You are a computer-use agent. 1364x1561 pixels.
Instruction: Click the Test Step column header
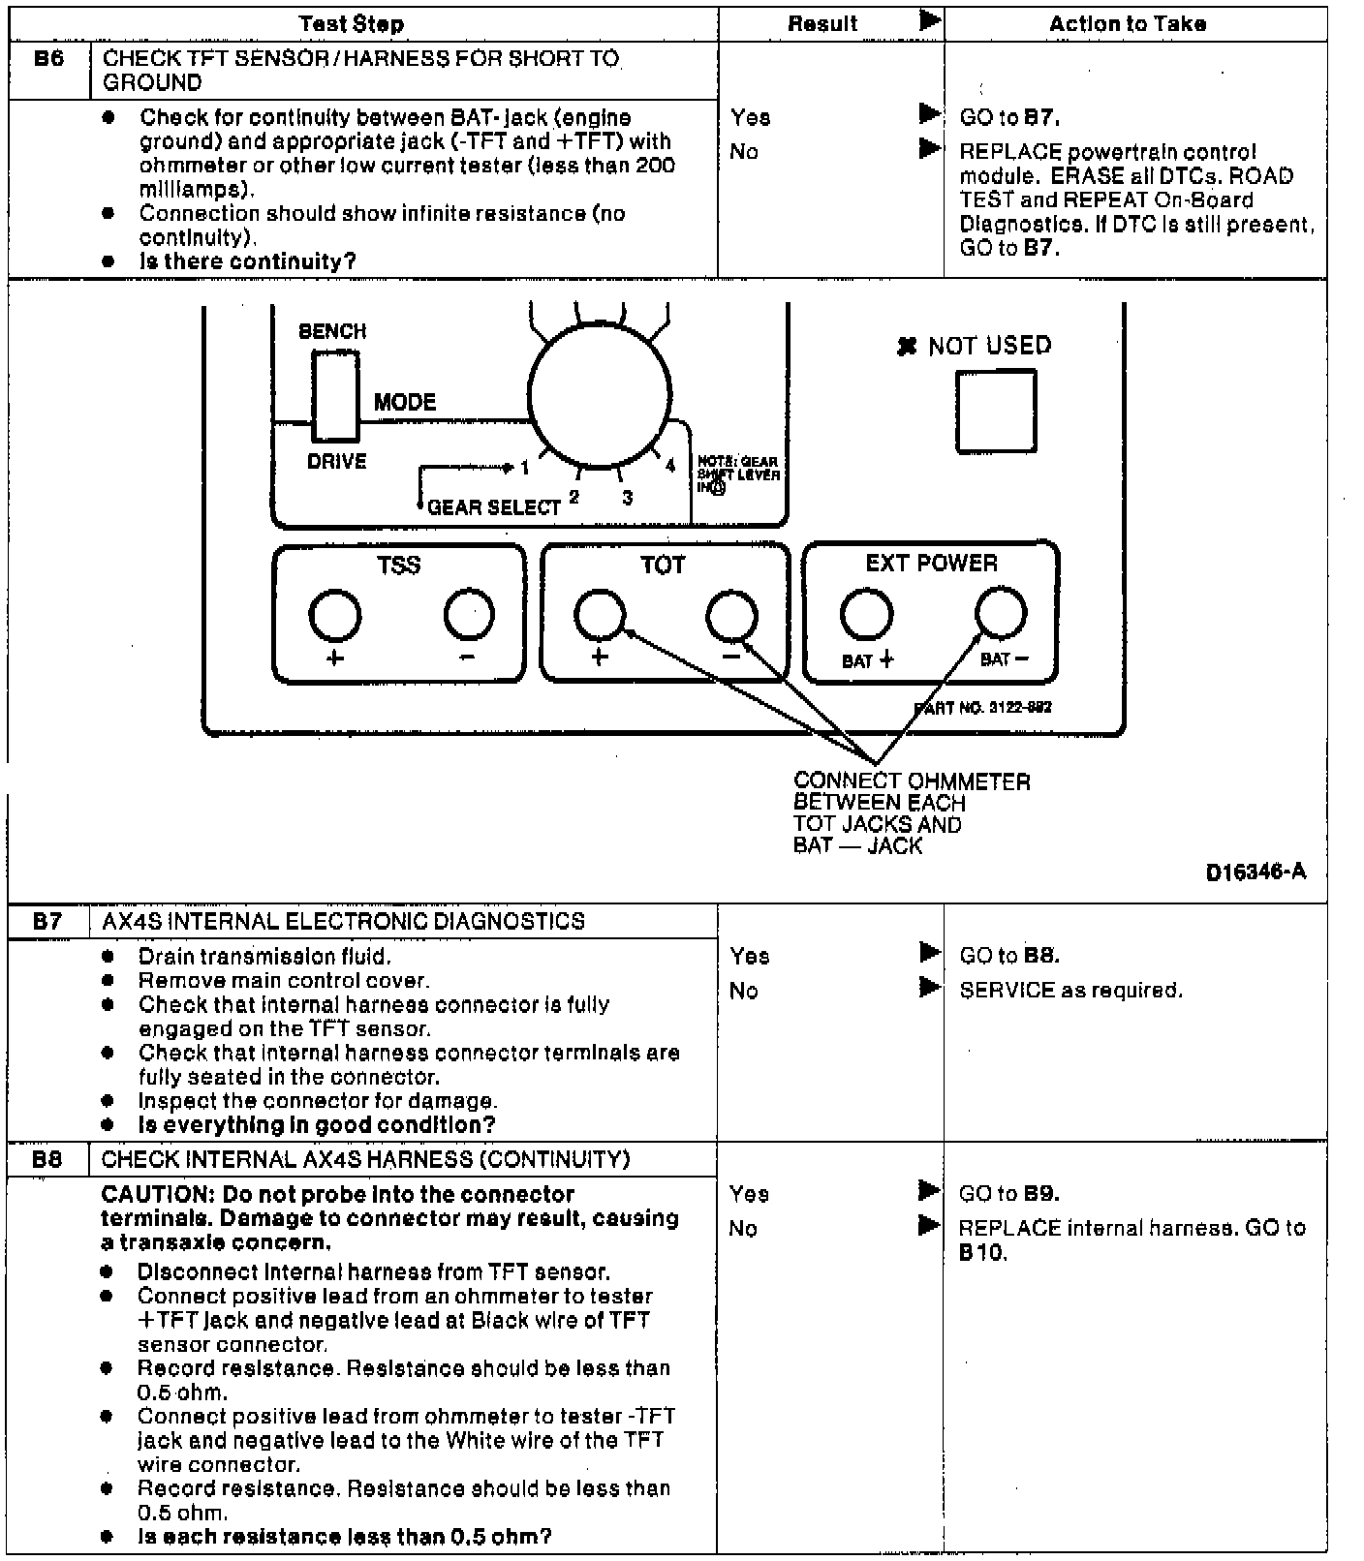tap(351, 23)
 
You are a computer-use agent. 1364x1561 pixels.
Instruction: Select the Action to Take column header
tap(1127, 23)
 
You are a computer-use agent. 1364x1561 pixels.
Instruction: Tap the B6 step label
tap(48, 59)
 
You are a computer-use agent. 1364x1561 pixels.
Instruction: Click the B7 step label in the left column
tap(47, 920)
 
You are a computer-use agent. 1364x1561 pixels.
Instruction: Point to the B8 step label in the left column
tap(46, 1158)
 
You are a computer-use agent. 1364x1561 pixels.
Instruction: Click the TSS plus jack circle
tap(335, 614)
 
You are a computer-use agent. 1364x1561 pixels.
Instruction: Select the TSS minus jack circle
tap(469, 614)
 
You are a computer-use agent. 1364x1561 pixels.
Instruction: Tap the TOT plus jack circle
tap(600, 614)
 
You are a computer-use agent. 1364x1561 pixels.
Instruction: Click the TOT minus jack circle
tap(732, 614)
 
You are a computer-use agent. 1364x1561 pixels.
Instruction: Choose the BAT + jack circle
tap(866, 613)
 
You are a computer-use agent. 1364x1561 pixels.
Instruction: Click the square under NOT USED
tap(996, 411)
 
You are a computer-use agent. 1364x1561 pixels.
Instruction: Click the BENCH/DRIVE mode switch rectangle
tap(335, 396)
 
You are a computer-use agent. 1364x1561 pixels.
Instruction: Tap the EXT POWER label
tap(931, 564)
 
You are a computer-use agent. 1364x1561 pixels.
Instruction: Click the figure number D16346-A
tap(1255, 872)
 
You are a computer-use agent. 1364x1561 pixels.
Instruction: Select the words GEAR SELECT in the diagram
tap(494, 506)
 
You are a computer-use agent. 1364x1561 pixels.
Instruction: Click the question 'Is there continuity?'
tap(248, 261)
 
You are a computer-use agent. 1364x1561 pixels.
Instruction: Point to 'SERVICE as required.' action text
tap(1070, 990)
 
